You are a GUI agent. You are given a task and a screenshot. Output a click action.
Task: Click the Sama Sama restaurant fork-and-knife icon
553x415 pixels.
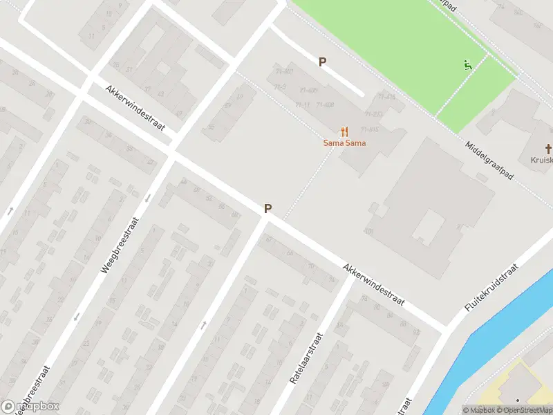click(344, 131)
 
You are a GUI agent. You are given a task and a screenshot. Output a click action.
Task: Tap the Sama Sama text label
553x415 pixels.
click(344, 143)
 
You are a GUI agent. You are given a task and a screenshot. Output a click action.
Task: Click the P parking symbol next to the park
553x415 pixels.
click(322, 62)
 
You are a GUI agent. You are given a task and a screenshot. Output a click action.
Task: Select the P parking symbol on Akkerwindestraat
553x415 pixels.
click(268, 208)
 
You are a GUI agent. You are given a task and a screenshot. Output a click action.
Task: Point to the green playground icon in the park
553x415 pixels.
click(468, 66)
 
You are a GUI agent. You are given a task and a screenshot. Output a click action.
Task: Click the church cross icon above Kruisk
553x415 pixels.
click(549, 149)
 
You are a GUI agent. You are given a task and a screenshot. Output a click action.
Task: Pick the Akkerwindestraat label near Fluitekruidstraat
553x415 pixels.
click(373, 286)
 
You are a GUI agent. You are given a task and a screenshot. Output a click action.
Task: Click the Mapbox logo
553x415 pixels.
click(30, 407)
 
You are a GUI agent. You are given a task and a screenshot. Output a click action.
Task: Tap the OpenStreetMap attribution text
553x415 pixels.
click(529, 410)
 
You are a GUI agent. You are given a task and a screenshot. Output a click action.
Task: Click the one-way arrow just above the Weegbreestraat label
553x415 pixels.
click(147, 199)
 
